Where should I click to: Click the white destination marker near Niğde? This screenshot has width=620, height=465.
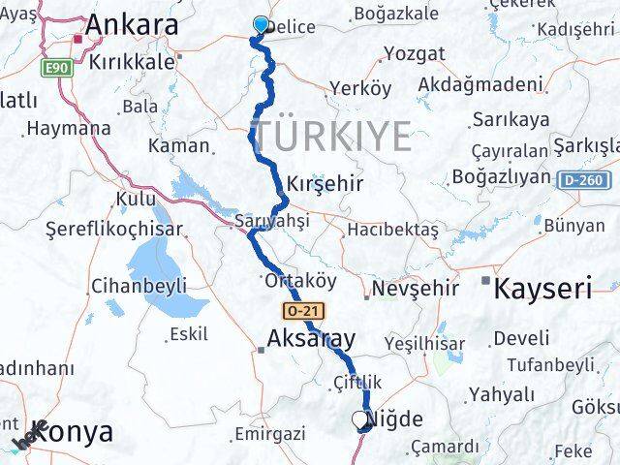(360, 419)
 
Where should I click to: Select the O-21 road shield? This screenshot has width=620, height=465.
(303, 311)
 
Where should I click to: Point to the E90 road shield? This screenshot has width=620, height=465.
(57, 70)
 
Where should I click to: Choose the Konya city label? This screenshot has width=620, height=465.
(72, 432)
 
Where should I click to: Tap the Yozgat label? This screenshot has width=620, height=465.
(414, 53)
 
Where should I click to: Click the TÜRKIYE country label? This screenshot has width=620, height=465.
(330, 135)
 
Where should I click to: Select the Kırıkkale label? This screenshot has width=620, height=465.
(132, 60)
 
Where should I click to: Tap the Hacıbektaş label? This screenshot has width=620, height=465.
(392, 230)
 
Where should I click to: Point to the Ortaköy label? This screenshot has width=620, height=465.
(299, 280)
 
